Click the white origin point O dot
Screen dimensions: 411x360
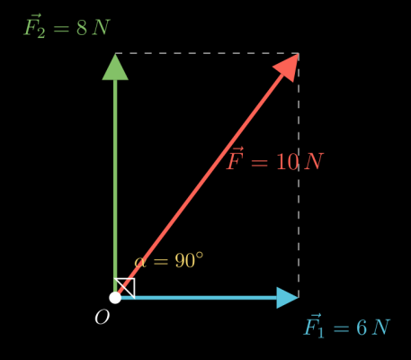tap(115, 298)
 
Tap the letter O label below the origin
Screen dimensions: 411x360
tap(103, 318)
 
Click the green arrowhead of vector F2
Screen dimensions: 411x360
tap(115, 67)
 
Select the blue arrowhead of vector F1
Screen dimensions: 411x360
tap(287, 298)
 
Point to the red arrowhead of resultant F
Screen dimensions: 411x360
tap(287, 67)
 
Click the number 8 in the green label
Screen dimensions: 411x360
tap(82, 28)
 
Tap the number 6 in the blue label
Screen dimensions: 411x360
tap(362, 328)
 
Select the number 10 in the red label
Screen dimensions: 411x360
tap(287, 162)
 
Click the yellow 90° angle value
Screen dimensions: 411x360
tap(189, 260)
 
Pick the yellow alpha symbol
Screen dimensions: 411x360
tap(140, 262)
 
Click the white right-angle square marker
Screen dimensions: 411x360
tap(125, 288)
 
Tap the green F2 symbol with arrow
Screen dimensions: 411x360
tap(34, 26)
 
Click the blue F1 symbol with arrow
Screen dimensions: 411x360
tap(314, 326)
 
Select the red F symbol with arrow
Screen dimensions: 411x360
tap(235, 158)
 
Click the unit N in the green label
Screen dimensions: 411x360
tap(101, 28)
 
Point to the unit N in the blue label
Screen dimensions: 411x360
tap(380, 328)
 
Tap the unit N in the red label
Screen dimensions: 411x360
tap(314, 162)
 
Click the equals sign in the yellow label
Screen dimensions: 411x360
tap(160, 261)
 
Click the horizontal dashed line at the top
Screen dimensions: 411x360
tap(207, 53)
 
